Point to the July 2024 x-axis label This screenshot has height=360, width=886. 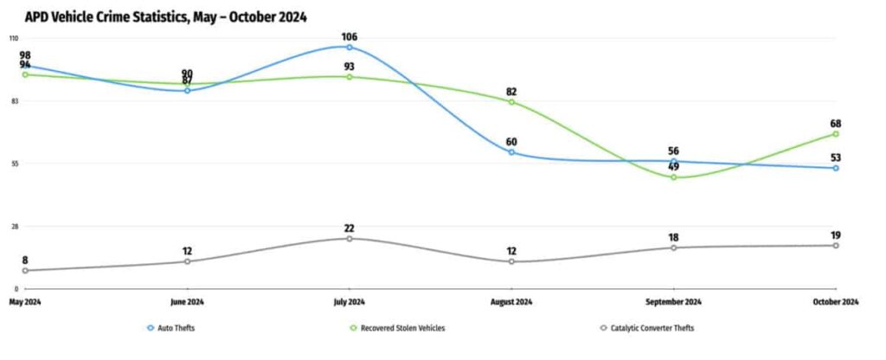(349, 302)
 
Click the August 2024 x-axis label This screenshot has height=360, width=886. (511, 302)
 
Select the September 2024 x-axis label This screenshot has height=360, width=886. (673, 302)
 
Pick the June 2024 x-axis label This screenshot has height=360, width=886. (187, 302)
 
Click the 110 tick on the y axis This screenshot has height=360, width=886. (13, 39)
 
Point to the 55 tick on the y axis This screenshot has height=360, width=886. (13, 164)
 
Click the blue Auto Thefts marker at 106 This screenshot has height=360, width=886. (350, 48)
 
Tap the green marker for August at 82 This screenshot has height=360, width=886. (511, 102)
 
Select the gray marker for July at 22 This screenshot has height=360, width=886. (350, 238)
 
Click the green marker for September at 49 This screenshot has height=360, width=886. (673, 177)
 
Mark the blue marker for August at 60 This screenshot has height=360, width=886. (511, 152)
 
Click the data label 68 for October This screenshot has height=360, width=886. (835, 124)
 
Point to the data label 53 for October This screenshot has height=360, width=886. (835, 157)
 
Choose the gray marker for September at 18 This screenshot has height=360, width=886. (673, 247)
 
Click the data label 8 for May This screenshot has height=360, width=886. (25, 260)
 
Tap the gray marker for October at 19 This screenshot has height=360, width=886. (835, 245)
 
